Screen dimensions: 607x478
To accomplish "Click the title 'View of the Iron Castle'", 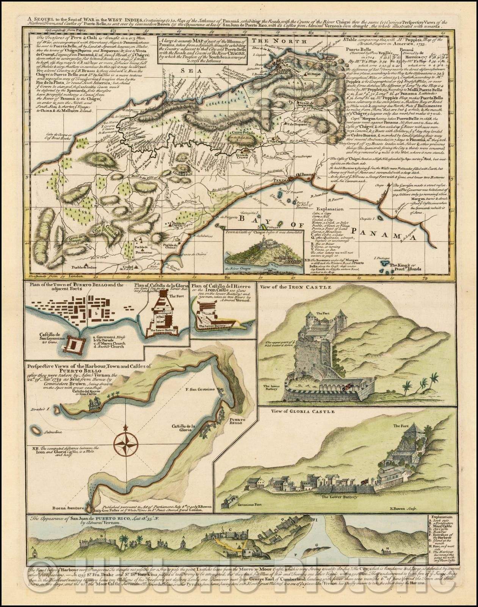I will (x=290, y=287).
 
